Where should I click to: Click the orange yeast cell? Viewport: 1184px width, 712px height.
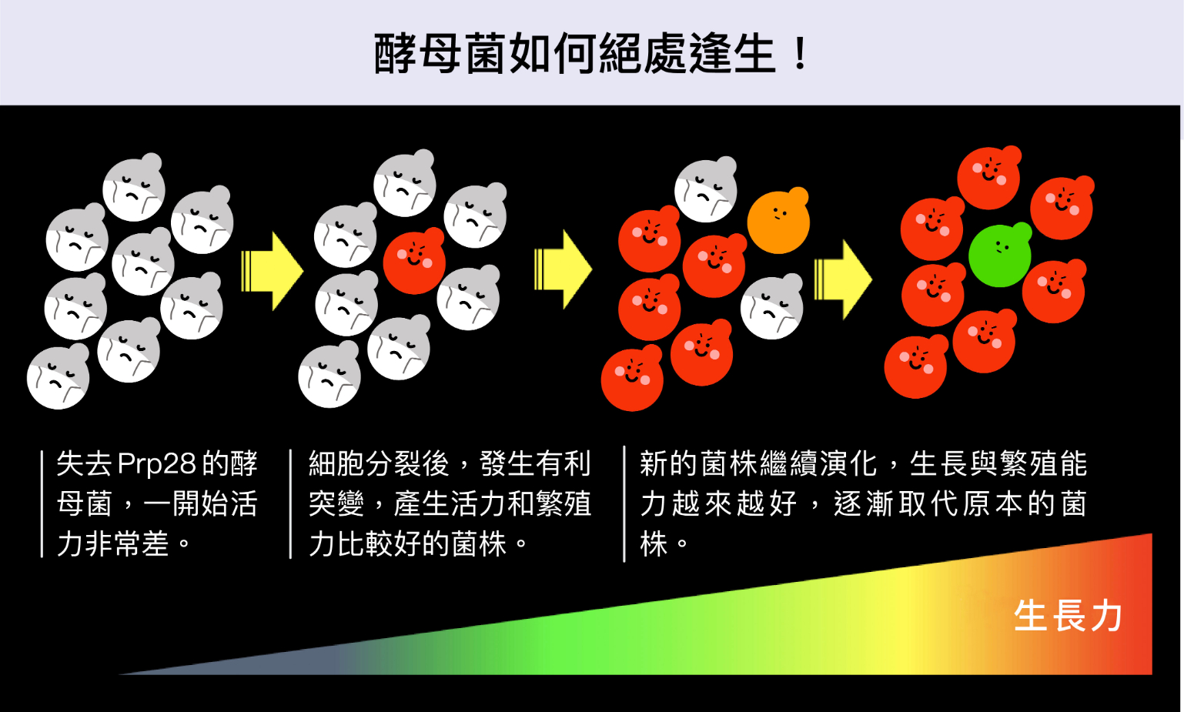(778, 222)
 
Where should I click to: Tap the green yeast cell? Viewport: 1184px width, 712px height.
(999, 256)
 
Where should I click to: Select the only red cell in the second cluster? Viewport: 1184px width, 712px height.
(414, 262)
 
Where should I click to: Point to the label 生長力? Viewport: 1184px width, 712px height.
(1068, 616)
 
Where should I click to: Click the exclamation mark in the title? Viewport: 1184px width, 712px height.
(800, 54)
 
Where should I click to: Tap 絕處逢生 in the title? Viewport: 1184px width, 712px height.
(687, 54)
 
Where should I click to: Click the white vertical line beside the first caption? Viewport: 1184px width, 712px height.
(42, 503)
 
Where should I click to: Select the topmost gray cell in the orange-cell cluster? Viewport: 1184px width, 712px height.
(705, 189)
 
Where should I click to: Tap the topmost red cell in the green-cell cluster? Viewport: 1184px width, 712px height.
(988, 178)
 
